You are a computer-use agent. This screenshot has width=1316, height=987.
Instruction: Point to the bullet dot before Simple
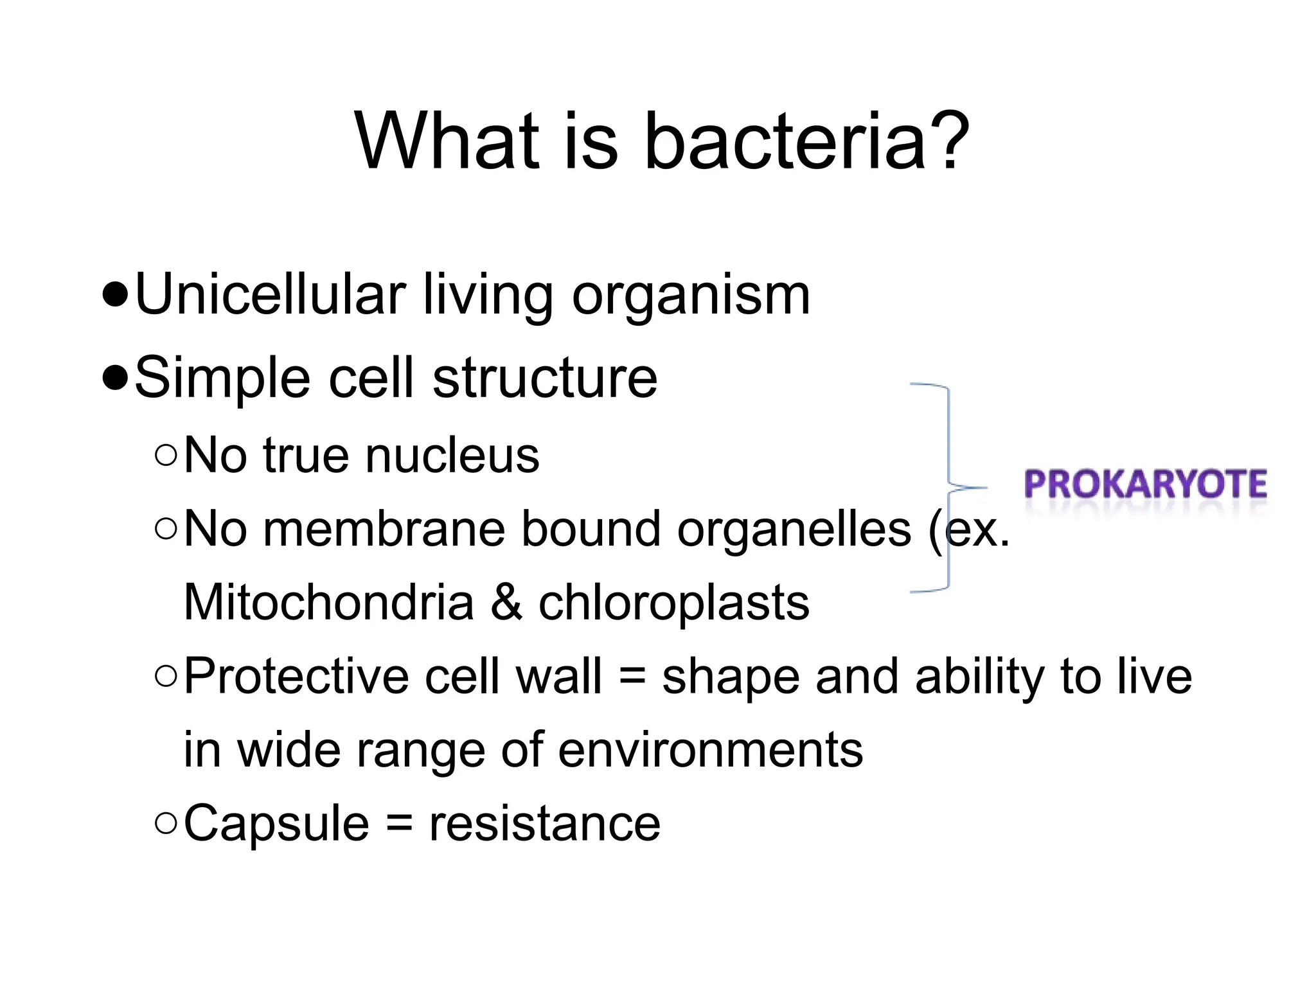[x=115, y=379]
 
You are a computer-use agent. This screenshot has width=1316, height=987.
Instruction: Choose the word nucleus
[x=452, y=456]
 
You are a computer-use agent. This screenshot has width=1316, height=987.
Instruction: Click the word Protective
[x=296, y=677]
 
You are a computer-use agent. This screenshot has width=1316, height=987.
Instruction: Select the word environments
[x=710, y=751]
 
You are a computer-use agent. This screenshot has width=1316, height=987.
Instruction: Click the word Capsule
[x=276, y=825]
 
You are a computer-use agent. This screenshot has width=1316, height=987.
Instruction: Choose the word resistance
[x=544, y=825]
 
